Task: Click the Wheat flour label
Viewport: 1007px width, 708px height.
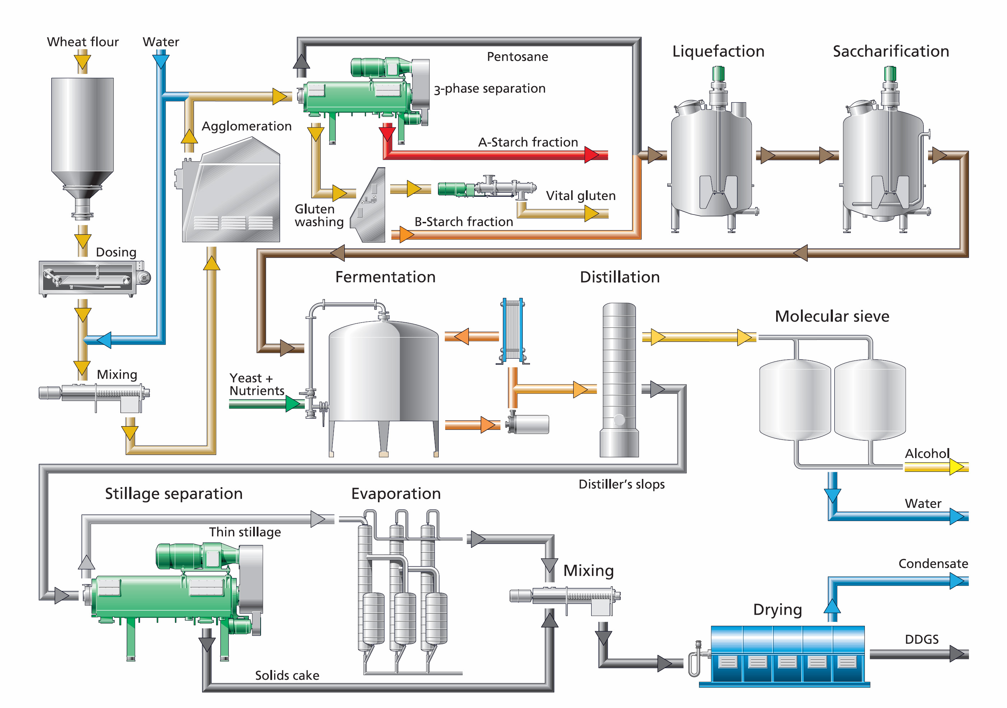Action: (83, 42)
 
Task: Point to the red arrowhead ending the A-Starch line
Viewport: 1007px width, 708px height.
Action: (592, 155)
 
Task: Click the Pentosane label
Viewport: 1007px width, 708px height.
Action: (518, 57)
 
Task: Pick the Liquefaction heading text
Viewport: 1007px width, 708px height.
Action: (718, 51)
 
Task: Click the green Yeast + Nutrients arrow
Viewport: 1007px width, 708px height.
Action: (293, 404)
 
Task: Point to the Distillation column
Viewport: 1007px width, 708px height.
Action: (619, 380)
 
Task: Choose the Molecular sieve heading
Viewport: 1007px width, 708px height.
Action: (832, 316)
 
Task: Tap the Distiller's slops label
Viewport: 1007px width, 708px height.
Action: (621, 484)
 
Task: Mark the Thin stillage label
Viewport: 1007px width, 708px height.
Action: (245, 532)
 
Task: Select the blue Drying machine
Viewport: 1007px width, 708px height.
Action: (783, 655)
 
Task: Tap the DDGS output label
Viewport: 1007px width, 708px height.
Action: (922, 639)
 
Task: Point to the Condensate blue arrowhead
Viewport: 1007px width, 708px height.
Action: (957, 581)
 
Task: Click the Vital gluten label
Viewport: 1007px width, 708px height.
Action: (581, 196)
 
